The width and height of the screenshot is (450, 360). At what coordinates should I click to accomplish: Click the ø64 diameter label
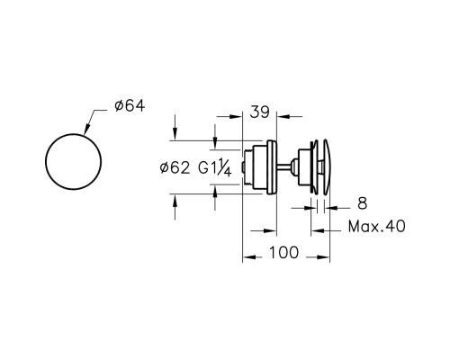click(130, 106)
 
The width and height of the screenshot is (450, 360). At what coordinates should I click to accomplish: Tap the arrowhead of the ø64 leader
click(86, 130)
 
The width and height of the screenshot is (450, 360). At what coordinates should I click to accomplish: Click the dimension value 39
click(260, 112)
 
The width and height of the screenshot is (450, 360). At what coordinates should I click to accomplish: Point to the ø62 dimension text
click(175, 168)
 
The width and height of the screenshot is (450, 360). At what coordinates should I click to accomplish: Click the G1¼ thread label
click(215, 167)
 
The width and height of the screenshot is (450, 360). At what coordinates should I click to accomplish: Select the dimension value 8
click(362, 203)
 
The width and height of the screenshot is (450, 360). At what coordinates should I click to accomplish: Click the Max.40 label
click(377, 226)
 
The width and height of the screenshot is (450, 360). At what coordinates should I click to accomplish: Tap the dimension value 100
click(283, 253)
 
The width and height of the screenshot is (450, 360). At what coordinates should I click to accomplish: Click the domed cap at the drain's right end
click(327, 166)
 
